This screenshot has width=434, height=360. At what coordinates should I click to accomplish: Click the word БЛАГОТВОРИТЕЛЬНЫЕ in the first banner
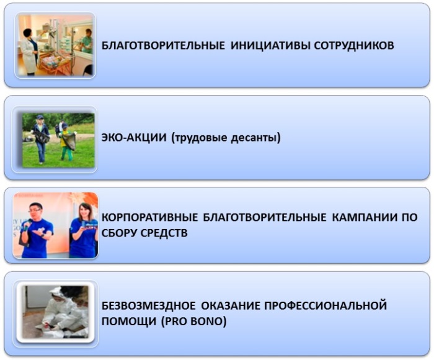point(163,45)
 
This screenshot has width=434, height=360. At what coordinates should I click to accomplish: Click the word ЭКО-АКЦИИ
point(134,137)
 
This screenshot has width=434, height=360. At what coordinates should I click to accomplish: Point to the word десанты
point(255,138)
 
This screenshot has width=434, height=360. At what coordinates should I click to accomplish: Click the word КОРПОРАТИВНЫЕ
point(150,217)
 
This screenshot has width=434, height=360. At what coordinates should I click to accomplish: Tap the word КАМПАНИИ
point(364,217)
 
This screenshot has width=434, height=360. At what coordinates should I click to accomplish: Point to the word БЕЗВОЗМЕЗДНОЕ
point(148,305)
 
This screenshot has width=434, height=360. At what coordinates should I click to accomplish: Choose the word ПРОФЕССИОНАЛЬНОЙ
point(325,305)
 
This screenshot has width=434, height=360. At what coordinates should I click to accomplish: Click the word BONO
point(208,322)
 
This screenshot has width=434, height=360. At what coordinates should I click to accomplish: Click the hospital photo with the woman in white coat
point(55,45)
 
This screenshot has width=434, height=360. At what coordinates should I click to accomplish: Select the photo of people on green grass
point(58,140)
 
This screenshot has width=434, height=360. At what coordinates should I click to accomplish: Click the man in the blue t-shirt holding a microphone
point(36,230)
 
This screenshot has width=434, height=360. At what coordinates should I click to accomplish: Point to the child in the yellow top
point(67,142)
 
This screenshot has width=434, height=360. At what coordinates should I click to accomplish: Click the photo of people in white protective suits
point(55,312)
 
